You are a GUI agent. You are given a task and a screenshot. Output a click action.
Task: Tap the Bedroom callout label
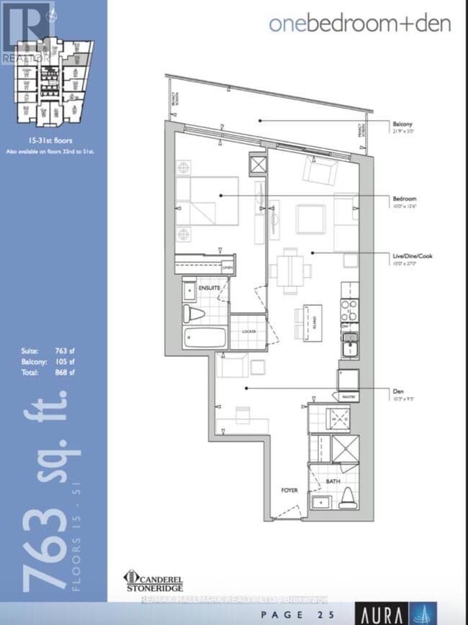tap(405, 199)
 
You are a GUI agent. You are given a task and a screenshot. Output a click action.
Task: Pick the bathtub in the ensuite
tap(204, 338)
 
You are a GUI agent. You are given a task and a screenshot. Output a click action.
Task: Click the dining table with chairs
tap(291, 271)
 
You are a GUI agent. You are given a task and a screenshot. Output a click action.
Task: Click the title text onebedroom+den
tap(359, 24)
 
